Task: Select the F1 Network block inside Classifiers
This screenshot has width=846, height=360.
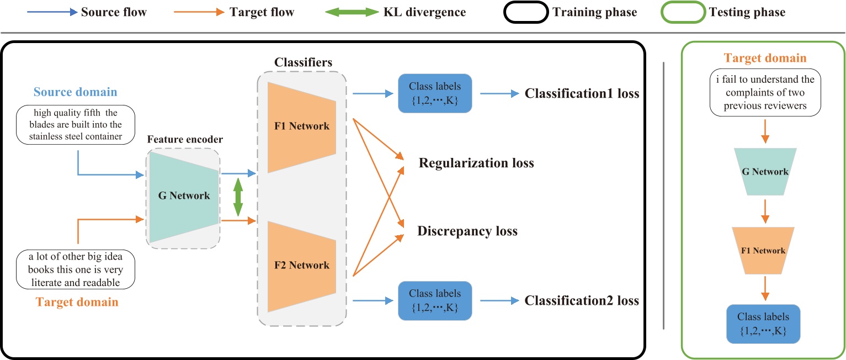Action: [301, 126]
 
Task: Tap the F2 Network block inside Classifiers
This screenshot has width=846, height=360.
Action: [301, 265]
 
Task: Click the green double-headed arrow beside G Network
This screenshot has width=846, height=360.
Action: [238, 197]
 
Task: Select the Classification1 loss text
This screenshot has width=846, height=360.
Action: [582, 93]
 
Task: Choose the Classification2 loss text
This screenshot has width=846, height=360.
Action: [582, 301]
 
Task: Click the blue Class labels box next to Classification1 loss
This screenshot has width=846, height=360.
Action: [435, 93]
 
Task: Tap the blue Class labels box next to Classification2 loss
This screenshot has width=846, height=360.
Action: [435, 301]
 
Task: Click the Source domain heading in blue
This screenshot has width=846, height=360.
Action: [75, 92]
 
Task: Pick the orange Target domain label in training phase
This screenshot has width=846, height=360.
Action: [77, 302]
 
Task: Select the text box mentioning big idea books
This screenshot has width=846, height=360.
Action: [75, 269]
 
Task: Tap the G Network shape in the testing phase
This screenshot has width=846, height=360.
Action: [764, 172]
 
